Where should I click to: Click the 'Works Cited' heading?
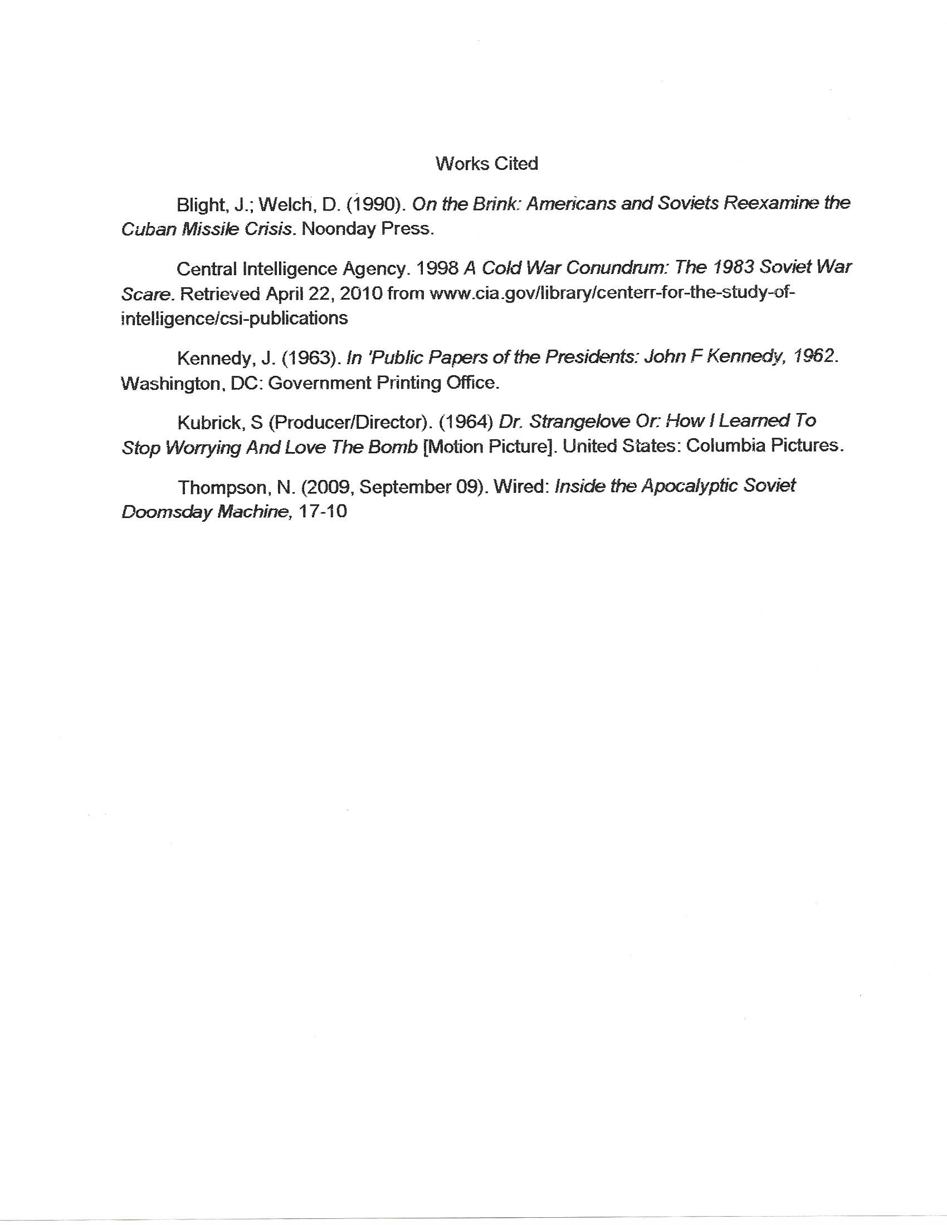point(486,164)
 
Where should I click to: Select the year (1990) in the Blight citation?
point(376,205)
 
